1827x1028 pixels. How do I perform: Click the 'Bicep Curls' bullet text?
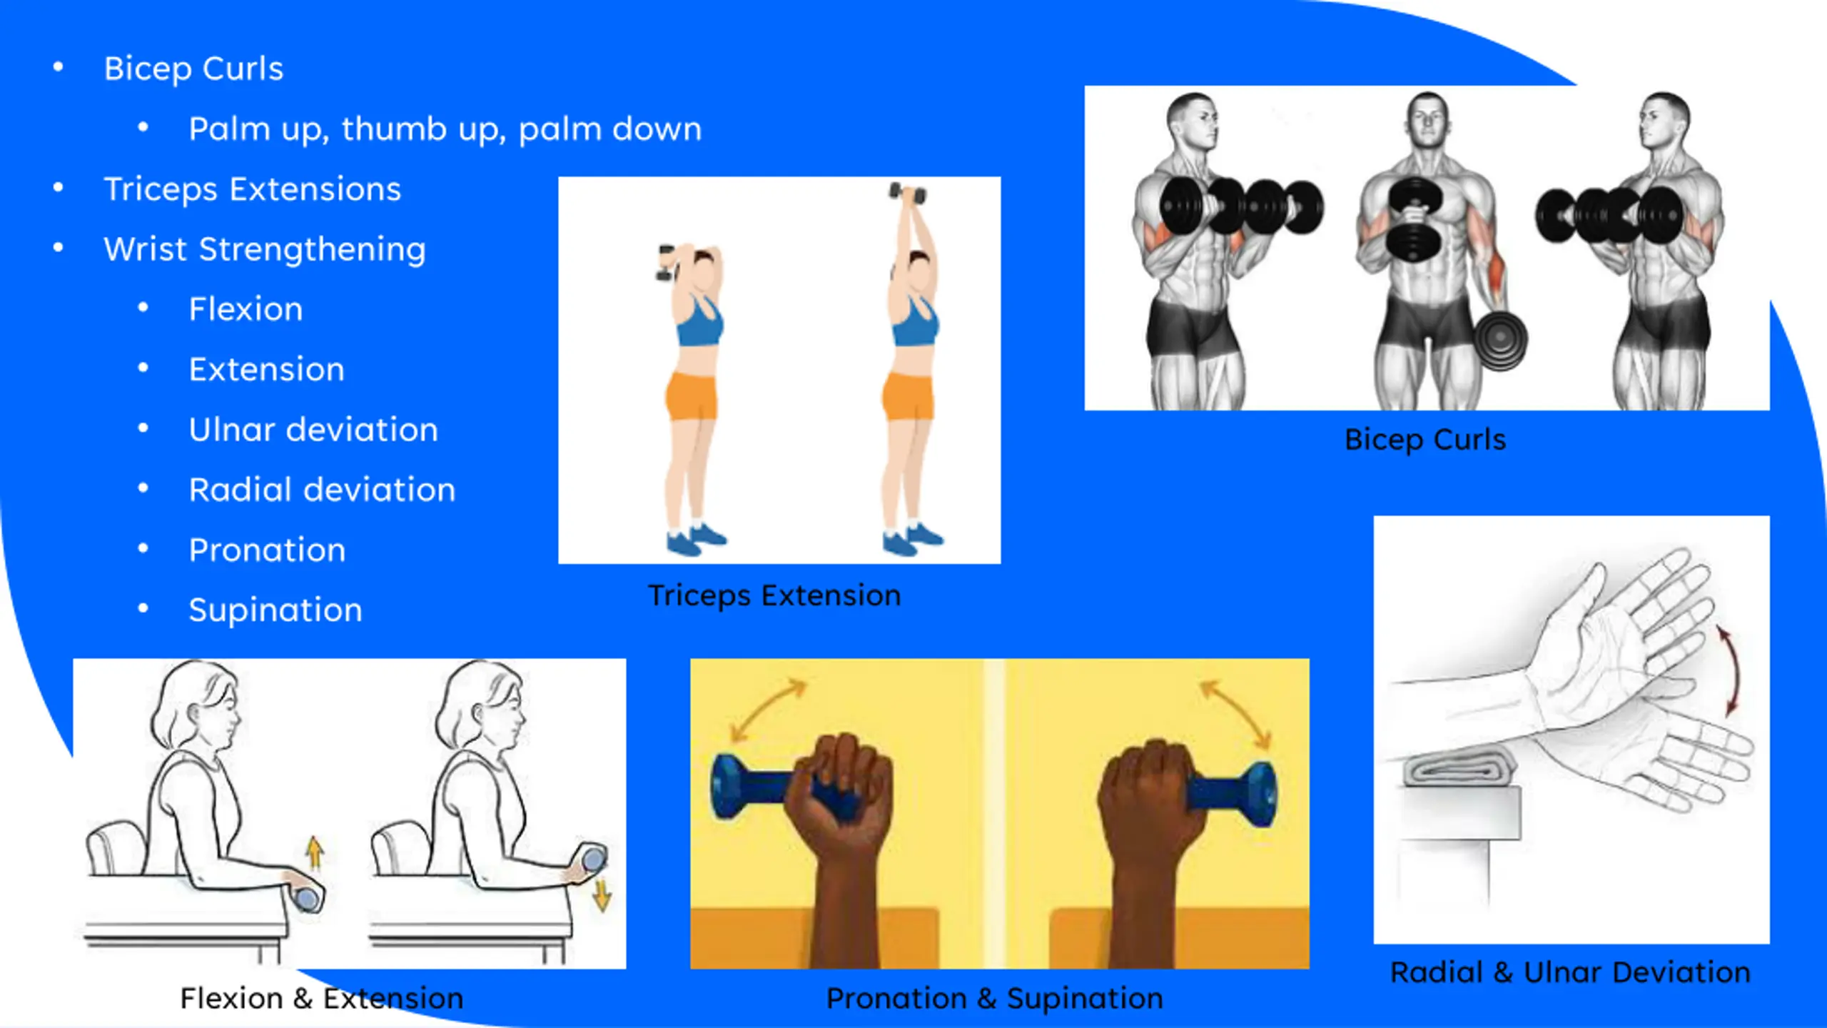193,69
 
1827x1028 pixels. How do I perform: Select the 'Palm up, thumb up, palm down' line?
445,129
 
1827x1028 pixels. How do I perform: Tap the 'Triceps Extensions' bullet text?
253,190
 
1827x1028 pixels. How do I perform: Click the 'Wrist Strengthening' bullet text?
265,250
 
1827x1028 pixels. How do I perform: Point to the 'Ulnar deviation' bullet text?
313,430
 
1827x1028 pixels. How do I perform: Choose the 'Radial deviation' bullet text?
322,490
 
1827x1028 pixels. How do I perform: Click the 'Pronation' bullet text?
268,550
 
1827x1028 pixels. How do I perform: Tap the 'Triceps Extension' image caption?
774,596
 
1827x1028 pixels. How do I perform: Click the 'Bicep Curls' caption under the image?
1425,440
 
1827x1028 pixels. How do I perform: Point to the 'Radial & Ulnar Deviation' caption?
1570,972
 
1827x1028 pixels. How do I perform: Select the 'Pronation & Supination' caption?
994,999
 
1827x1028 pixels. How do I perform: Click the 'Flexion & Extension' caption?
321,999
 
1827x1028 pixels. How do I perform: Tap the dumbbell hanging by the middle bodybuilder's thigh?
1500,341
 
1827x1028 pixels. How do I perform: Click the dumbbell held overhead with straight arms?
908,193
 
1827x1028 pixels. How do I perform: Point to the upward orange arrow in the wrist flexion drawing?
315,852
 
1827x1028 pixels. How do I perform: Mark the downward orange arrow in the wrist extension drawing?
602,895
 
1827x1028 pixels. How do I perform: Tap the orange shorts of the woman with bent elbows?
692,396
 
